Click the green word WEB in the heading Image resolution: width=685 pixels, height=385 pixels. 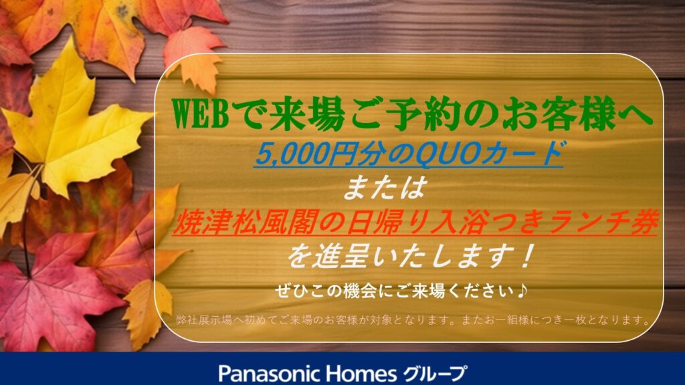[x=201, y=114]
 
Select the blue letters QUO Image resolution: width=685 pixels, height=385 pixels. [x=445, y=154]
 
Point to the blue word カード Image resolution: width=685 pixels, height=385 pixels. [x=520, y=154]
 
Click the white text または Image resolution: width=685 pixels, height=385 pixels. [x=384, y=188]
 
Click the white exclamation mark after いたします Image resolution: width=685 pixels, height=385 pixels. [x=528, y=256]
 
